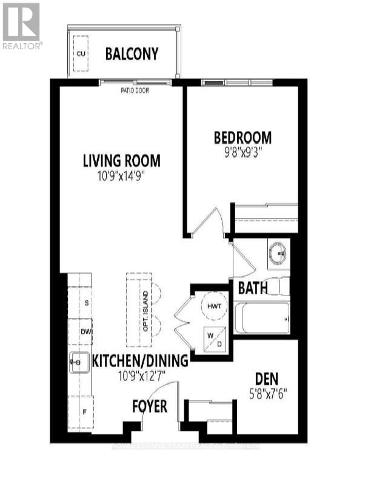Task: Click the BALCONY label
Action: click(x=132, y=54)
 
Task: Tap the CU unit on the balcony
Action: click(x=80, y=53)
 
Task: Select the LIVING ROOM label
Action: click(x=121, y=161)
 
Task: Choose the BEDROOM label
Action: click(x=242, y=137)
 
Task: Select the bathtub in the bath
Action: click(x=261, y=319)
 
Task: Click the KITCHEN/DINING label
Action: click(x=140, y=361)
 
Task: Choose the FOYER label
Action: click(x=150, y=407)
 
